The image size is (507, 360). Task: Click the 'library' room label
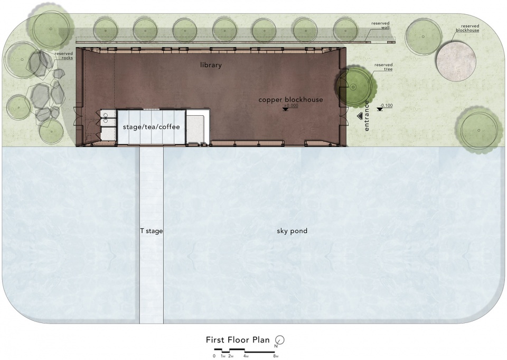(211, 65)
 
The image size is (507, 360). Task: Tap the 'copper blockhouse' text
(290, 100)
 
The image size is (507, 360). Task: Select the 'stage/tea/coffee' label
(152, 127)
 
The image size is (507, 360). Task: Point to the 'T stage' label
(152, 231)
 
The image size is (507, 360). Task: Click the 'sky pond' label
(292, 231)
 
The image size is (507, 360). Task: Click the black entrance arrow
(359, 116)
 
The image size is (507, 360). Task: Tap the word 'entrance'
(367, 116)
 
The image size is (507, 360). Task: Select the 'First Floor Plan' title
(238, 340)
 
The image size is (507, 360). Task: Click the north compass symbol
(280, 340)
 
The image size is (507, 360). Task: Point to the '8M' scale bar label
(276, 356)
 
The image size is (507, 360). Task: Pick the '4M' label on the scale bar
(246, 356)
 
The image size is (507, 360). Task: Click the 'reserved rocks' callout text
(64, 56)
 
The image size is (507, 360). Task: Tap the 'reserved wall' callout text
(381, 25)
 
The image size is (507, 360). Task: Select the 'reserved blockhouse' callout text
(467, 28)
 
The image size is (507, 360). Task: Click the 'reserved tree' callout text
(383, 67)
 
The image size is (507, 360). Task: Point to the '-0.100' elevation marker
(385, 106)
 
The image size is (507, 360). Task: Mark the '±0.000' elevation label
(291, 106)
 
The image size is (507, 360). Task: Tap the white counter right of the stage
(198, 127)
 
